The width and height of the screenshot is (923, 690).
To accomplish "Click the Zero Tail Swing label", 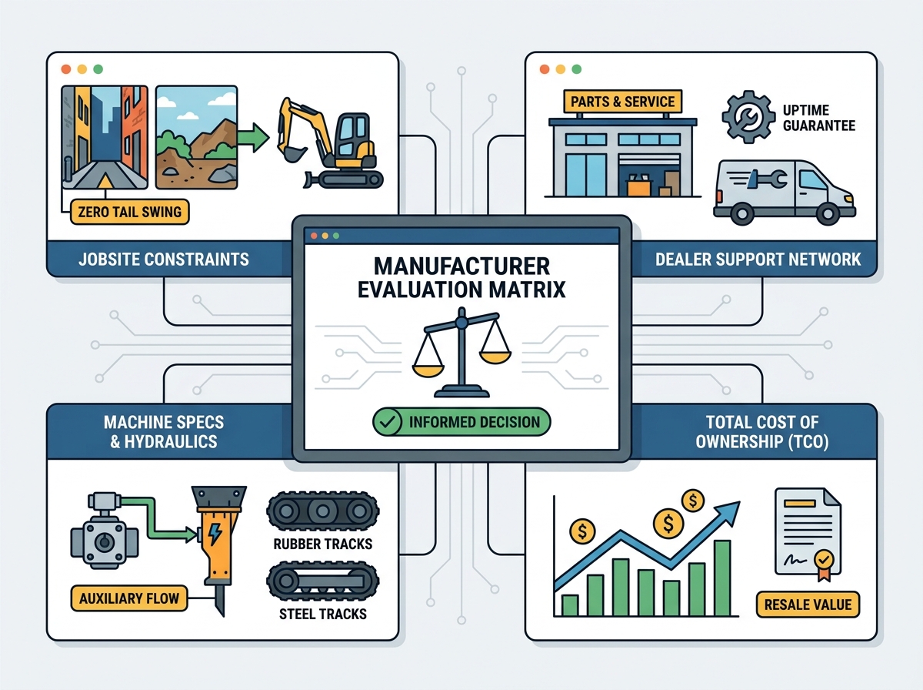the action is point(129,211).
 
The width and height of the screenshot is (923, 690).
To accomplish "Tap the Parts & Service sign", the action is point(622,102).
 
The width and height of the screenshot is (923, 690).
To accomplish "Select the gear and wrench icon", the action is point(749,116).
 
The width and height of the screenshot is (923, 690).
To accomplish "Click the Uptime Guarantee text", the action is point(818,118).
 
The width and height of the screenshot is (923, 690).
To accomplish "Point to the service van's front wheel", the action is point(828,213).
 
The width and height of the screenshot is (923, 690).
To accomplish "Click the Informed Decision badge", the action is point(461,421).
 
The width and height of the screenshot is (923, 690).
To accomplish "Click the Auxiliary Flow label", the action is point(129,598).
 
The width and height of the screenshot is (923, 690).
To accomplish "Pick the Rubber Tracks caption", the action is point(323,544).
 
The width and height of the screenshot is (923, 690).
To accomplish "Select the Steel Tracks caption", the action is point(323,614).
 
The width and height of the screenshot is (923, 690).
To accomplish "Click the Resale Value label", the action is point(808,605).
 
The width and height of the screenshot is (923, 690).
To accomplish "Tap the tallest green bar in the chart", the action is point(722,578).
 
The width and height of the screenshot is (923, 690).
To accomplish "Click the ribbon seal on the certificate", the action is point(824,564).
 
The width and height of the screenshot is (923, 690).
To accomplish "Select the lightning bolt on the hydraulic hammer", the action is point(215,534).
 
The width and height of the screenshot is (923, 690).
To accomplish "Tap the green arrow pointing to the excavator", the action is point(253,138).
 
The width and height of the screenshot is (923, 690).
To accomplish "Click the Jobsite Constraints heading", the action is point(164,260).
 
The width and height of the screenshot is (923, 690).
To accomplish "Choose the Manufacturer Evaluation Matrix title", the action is point(461,278).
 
